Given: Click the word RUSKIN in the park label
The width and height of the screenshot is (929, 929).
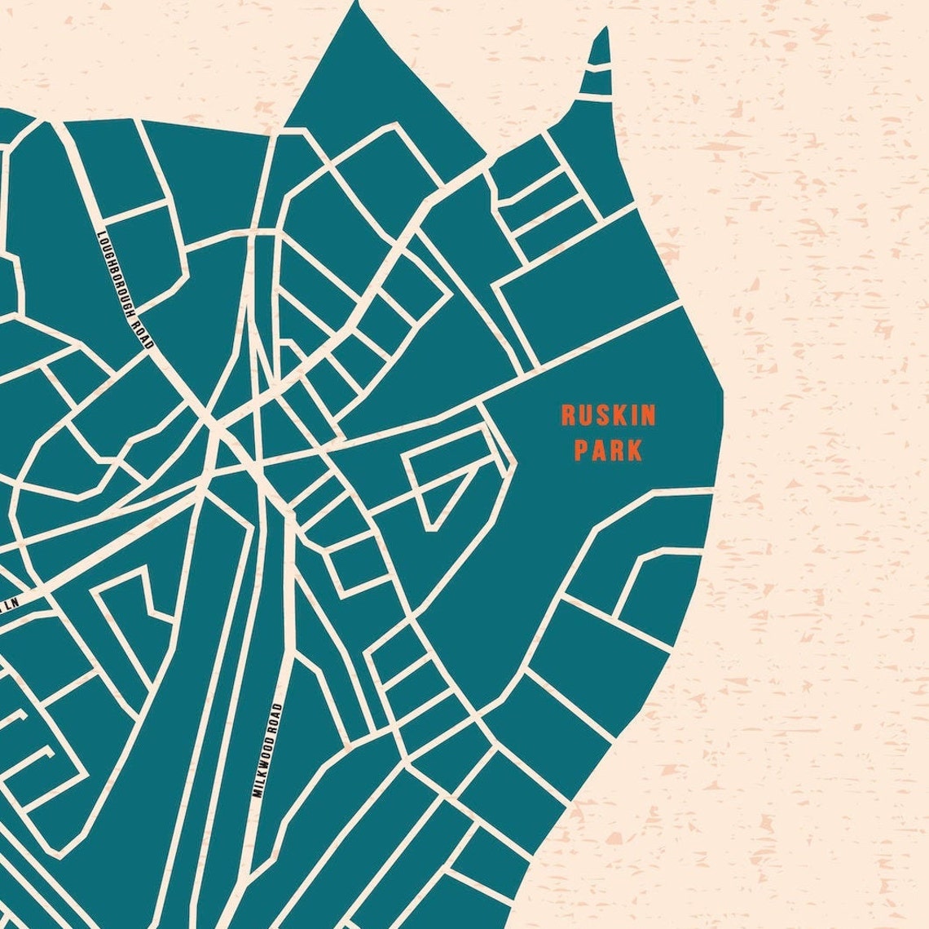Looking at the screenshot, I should coord(608,416).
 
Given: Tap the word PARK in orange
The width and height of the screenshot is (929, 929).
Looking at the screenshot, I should coord(608,450).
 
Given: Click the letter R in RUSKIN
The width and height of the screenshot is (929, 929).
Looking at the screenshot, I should coord(567,416).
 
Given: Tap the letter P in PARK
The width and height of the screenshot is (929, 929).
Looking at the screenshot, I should coord(581,450).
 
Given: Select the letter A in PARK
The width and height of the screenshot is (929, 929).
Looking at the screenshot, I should coord(599,450).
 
